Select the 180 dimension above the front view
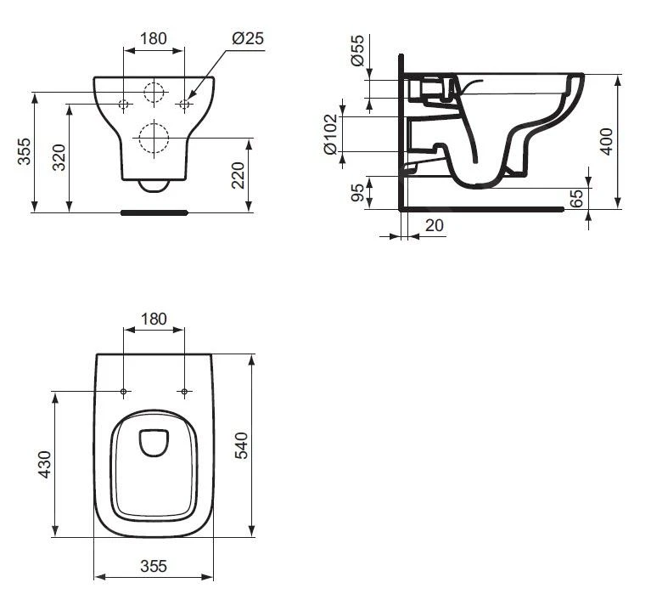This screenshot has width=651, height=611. [x=153, y=38]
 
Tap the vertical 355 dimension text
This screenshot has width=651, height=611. [x=25, y=152]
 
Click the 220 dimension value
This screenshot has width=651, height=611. [x=239, y=175]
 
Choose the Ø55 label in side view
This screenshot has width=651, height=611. [x=357, y=53]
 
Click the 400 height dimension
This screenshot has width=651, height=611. [x=606, y=141]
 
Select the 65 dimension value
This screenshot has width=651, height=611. [x=577, y=199]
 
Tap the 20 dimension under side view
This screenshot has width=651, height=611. [x=434, y=225]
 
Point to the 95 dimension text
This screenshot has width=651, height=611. [x=357, y=193]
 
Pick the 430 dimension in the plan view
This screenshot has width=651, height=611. [x=45, y=464]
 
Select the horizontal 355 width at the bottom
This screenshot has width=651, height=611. [x=153, y=565]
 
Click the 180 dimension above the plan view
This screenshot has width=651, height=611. [x=153, y=319]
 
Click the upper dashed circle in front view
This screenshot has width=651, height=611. [x=154, y=93]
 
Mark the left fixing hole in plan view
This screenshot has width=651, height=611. [x=124, y=392]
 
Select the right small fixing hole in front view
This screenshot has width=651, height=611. [x=184, y=104]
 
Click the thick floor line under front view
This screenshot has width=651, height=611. [x=154, y=212]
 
